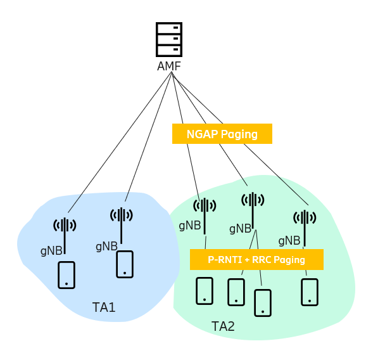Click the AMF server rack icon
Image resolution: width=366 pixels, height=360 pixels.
point(169,39)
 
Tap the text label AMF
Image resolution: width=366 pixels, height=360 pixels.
point(169,66)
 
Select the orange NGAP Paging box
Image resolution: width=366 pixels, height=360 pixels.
point(222,134)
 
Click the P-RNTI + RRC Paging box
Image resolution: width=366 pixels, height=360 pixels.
point(256,260)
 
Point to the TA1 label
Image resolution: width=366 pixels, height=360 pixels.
point(104,307)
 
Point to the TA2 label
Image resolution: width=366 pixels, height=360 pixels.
point(223,326)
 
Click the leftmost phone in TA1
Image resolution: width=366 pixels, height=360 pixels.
point(66,275)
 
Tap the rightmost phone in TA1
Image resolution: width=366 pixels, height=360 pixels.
point(125,264)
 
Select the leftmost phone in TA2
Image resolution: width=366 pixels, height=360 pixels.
point(205,291)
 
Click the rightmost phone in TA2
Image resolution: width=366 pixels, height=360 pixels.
point(310,292)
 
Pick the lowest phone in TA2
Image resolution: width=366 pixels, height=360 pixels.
point(263,303)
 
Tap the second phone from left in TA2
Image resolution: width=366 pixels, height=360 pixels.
point(236,292)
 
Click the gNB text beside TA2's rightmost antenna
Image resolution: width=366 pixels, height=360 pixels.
point(289,241)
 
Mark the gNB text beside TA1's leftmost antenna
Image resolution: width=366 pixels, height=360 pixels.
point(51,251)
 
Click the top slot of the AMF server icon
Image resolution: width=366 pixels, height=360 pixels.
point(169,29)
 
